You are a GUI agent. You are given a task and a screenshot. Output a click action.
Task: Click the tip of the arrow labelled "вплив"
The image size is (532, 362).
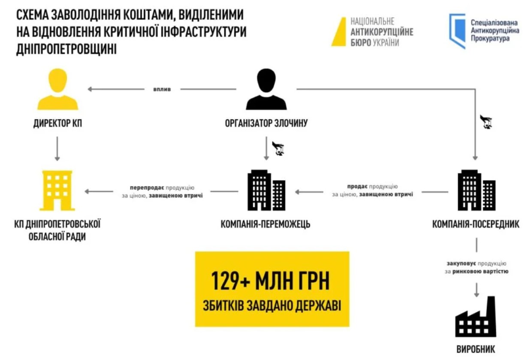click(88, 89)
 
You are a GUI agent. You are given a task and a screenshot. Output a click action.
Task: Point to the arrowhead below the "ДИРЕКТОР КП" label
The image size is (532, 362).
click(57, 160)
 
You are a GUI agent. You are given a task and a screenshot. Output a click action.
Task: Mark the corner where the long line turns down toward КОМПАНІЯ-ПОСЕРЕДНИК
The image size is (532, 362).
click(475, 89)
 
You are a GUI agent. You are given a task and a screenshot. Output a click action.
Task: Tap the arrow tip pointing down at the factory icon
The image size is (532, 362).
click(476, 297)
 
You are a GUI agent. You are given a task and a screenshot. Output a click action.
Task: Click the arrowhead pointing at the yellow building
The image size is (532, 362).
click(85, 191)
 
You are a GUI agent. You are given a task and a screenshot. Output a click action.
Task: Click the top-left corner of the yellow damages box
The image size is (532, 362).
click(195, 252)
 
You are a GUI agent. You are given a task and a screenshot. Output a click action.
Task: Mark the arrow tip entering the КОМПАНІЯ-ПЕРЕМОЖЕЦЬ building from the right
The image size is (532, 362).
click(295, 192)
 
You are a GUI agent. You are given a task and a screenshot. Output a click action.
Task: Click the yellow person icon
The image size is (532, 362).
click(58, 89)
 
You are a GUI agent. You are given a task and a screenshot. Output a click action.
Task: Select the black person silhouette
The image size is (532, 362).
click(266, 89)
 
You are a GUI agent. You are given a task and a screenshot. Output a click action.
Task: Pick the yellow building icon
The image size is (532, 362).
click(57, 190)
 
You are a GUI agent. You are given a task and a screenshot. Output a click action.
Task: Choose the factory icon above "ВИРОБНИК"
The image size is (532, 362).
click(476, 317)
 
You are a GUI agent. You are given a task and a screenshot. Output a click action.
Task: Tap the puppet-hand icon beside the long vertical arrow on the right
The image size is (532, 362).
click(486, 122)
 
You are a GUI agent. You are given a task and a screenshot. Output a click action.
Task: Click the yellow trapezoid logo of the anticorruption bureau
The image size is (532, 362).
click(339, 32)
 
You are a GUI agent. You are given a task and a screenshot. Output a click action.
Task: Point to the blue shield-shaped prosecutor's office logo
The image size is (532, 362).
click(457, 31)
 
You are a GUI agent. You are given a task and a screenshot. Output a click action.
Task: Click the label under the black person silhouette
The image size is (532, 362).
click(266, 123)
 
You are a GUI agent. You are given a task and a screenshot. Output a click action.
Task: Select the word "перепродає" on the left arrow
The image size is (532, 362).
click(147, 187)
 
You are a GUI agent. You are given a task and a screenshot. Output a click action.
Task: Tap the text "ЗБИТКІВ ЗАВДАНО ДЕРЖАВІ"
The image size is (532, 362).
click(272, 306)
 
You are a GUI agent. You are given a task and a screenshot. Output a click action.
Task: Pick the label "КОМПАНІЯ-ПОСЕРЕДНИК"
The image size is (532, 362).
click(476, 224)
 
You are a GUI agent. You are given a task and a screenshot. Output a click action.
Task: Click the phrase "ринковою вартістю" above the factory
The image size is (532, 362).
click(481, 271)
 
